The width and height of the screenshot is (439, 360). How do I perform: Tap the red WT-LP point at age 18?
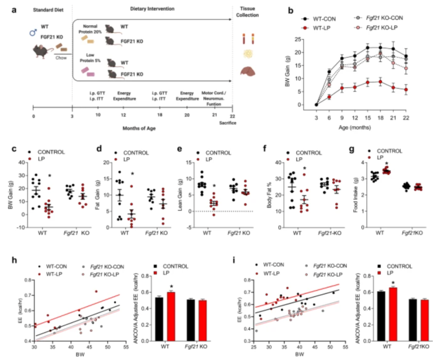(380, 82)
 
